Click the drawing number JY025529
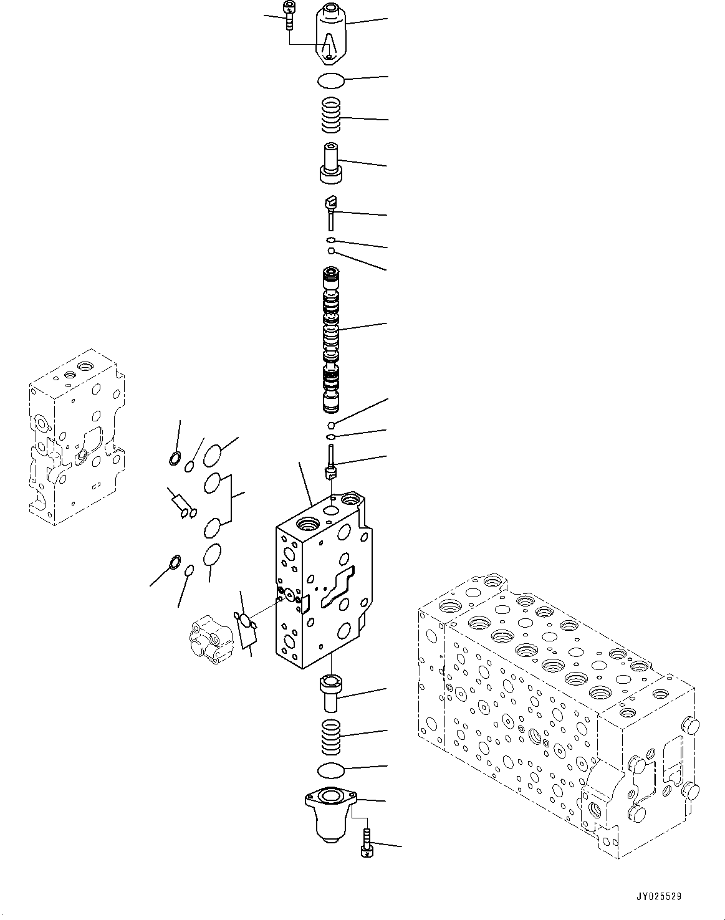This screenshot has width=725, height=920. point(660,897)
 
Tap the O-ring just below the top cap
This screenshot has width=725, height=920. point(330,81)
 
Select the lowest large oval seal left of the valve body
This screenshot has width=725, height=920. point(213,555)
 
